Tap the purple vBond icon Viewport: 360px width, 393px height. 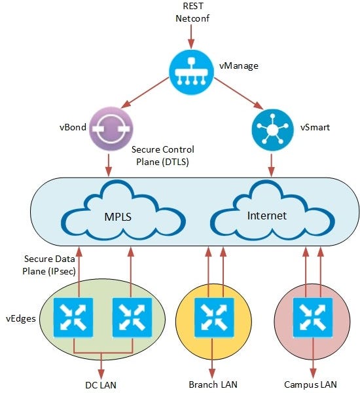(111, 127)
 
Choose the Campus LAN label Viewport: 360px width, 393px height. (310, 383)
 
